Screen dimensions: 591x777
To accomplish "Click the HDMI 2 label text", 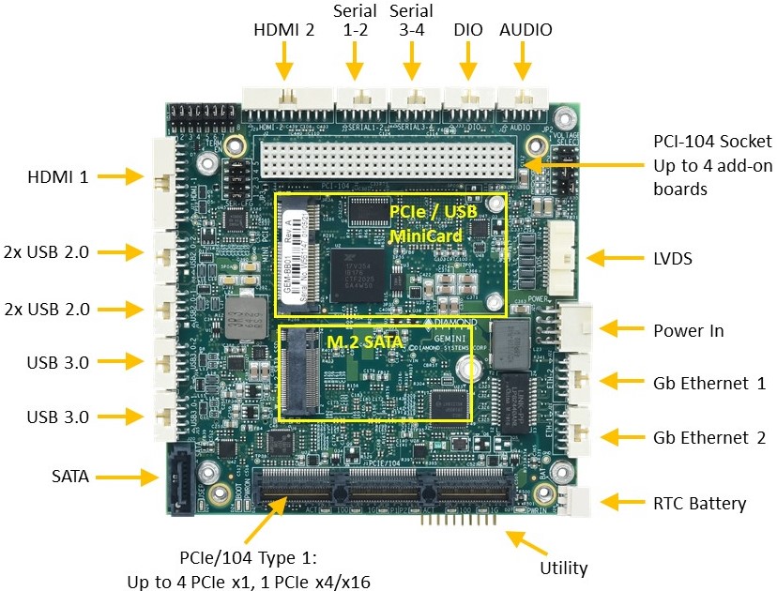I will click(284, 29).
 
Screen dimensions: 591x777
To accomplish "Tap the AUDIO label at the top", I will click(526, 29).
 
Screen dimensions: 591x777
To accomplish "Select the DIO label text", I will click(467, 29).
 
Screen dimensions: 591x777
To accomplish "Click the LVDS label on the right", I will click(673, 258).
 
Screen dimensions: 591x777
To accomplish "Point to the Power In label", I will click(688, 330).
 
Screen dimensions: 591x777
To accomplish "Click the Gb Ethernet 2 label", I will click(709, 437).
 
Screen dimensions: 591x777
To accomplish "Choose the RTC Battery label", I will click(699, 504).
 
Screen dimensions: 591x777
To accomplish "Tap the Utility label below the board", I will click(564, 568).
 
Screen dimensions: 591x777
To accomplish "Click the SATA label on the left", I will click(70, 477).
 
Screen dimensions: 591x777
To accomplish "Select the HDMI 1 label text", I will click(57, 175).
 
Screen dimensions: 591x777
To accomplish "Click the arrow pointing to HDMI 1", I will click(119, 175).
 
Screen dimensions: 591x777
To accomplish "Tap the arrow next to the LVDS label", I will click(611, 258).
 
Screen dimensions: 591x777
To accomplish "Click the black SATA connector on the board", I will click(180, 479).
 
